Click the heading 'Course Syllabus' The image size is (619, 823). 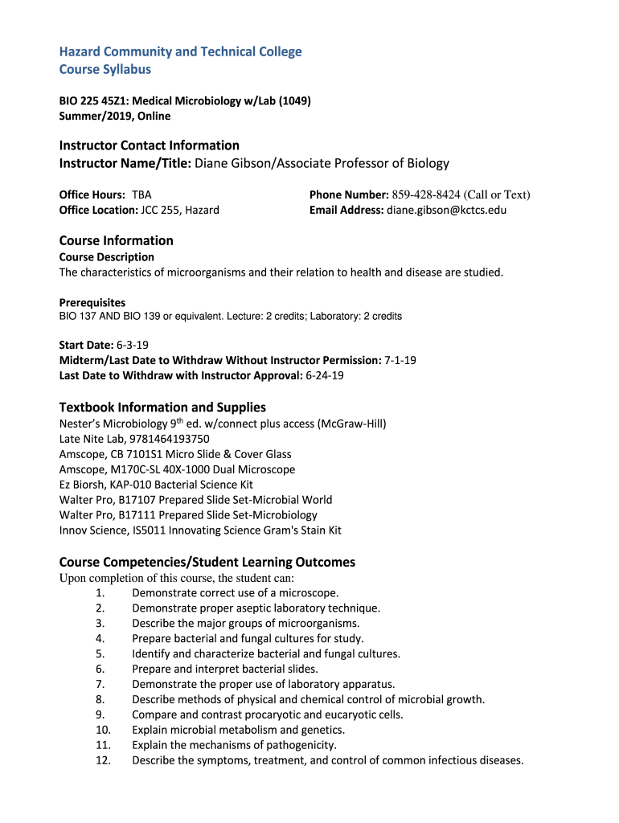(x=105, y=70)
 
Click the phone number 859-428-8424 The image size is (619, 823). (x=426, y=194)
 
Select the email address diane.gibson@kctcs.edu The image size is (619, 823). (x=447, y=211)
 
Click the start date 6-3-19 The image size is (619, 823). (x=133, y=345)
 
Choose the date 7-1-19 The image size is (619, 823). (x=400, y=360)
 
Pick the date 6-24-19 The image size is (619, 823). (x=325, y=375)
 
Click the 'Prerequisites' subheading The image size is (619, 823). (x=92, y=303)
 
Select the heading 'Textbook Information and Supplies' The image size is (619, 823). (x=162, y=407)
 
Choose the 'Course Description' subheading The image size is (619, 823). (x=107, y=257)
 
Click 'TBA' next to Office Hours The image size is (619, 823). (x=141, y=194)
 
